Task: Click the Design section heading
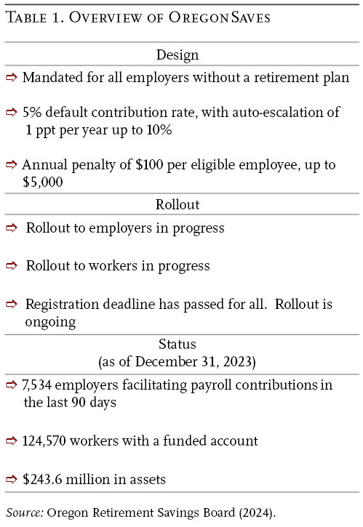point(177,55)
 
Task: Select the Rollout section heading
point(177,204)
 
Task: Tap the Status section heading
point(177,344)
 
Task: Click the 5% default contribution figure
point(31,113)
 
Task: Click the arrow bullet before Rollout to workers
point(12,265)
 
